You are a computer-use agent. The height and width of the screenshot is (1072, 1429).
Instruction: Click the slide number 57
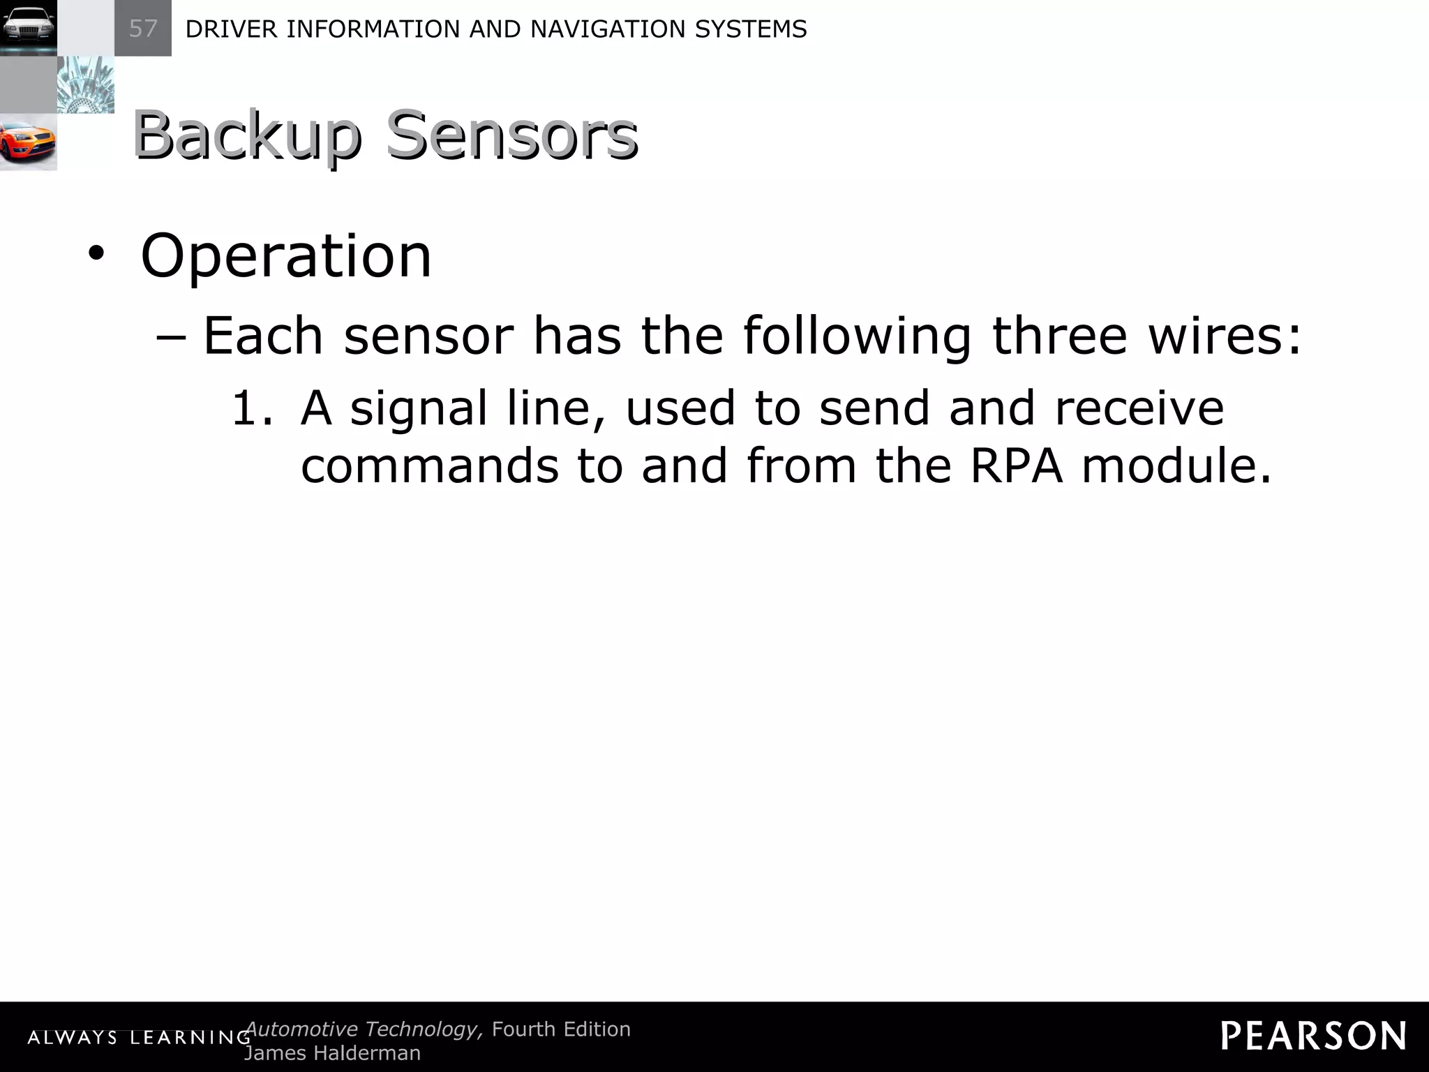click(143, 29)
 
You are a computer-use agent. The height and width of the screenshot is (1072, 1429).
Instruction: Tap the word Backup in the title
click(247, 135)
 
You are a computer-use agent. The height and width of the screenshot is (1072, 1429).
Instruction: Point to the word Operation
click(286, 256)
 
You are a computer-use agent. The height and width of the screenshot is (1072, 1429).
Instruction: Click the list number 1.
click(251, 408)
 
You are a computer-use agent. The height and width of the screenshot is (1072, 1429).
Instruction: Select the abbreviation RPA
click(1017, 466)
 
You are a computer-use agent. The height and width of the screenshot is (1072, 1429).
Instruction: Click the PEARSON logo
click(1313, 1036)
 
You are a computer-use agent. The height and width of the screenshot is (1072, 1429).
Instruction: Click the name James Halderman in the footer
click(332, 1053)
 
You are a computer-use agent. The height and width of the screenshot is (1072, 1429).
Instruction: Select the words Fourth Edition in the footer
click(561, 1029)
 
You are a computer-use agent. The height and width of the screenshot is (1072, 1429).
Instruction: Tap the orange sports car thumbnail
click(28, 142)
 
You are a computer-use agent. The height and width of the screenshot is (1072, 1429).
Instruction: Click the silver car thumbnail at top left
click(28, 28)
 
